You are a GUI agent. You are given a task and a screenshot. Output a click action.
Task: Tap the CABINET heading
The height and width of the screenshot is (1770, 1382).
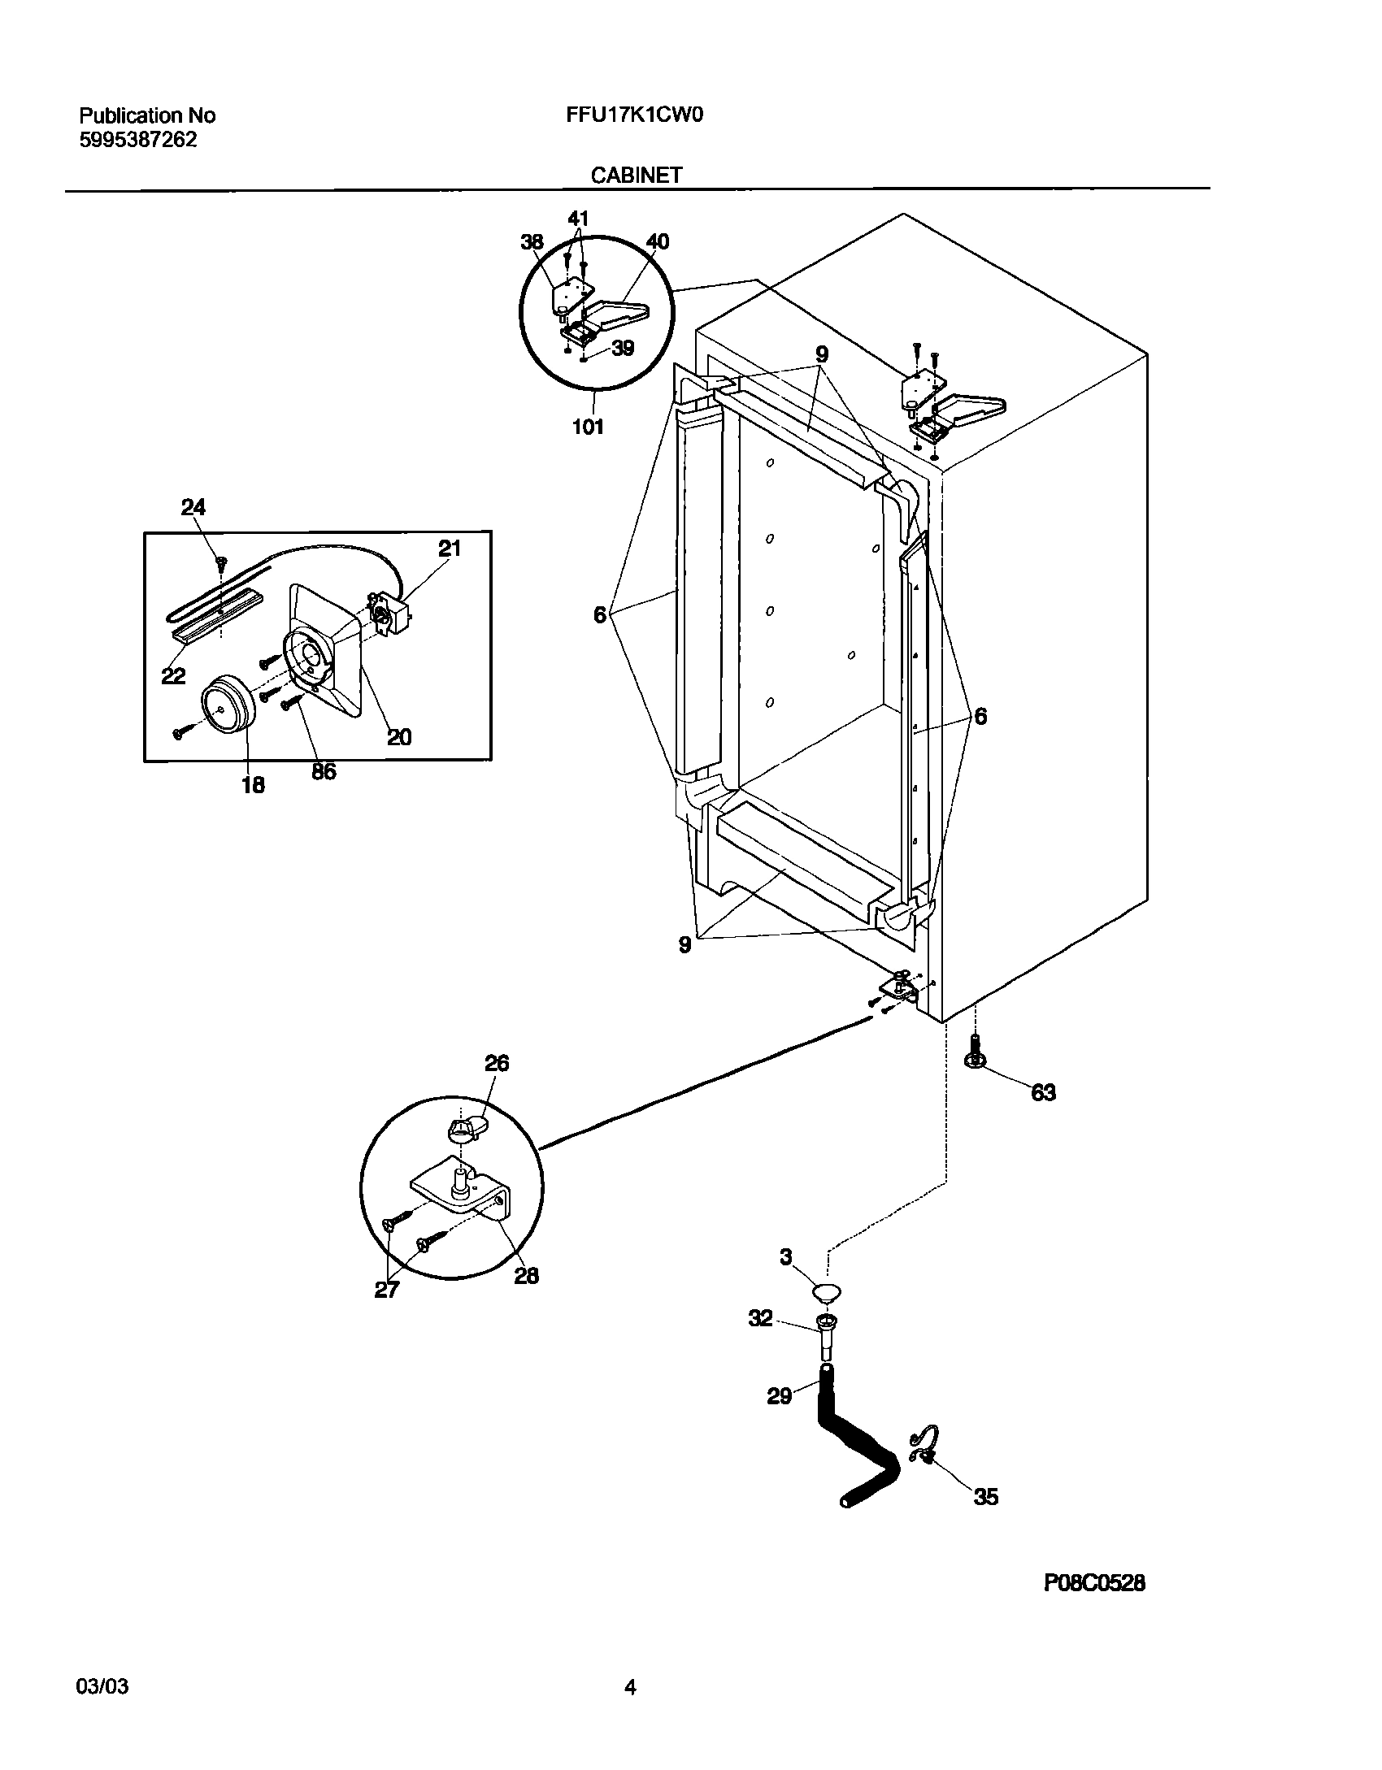[636, 175]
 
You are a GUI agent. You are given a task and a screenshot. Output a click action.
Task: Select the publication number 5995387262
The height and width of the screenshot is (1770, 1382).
[138, 140]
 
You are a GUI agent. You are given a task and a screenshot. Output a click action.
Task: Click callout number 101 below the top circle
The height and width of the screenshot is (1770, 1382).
[588, 427]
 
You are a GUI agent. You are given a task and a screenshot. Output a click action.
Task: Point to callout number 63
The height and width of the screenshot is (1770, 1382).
[1043, 1093]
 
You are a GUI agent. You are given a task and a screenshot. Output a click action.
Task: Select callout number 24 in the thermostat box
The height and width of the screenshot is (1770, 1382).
[193, 508]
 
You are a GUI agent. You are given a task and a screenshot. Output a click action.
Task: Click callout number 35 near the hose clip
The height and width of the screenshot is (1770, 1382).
[985, 1497]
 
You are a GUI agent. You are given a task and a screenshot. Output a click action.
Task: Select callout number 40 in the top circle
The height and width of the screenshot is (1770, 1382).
[657, 242]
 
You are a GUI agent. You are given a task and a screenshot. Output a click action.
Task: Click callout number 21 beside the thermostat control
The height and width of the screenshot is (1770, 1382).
[450, 549]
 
